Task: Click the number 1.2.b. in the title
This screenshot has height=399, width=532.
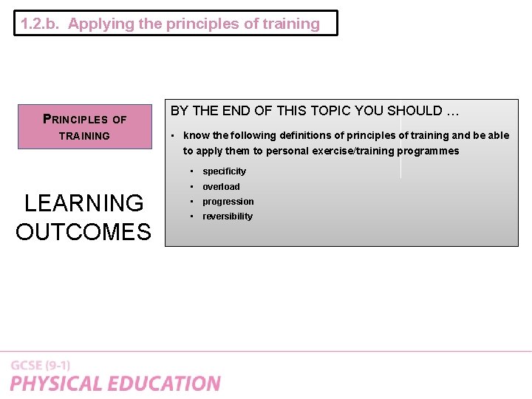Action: point(41,24)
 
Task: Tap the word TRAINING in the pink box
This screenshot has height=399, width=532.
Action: point(84,136)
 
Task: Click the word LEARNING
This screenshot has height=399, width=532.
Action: point(84,202)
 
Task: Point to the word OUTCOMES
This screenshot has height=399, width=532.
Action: point(83,232)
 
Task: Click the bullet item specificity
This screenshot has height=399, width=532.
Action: point(224,171)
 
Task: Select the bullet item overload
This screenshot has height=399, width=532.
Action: point(221,187)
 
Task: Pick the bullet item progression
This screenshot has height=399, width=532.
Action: point(228,202)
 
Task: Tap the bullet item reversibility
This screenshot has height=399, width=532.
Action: point(228,216)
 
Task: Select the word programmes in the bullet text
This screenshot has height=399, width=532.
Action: point(428,151)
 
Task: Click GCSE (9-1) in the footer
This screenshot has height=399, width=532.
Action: point(41,366)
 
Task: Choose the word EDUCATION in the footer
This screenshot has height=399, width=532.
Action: point(167,384)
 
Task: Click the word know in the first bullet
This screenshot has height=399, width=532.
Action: point(197,135)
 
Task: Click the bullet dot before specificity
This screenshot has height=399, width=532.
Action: point(192,171)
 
